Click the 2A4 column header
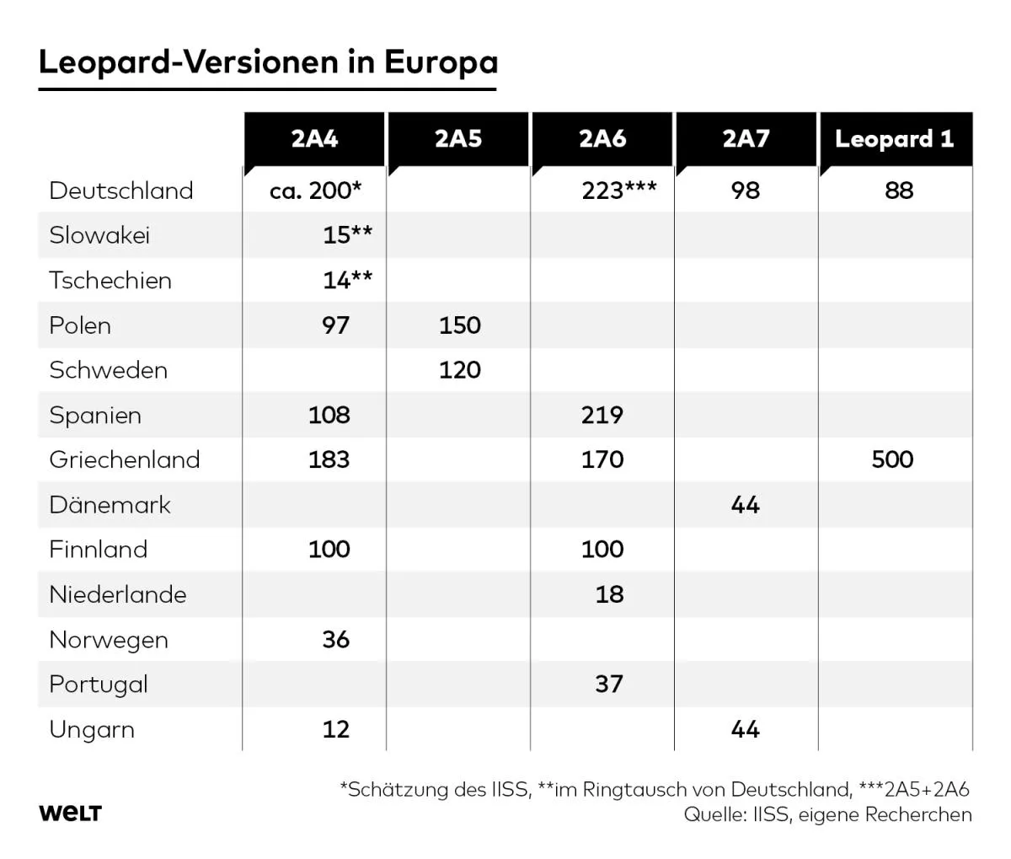point(314,139)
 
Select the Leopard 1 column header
point(894,139)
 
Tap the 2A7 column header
point(746,139)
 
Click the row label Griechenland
point(125,459)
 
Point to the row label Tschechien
point(110,280)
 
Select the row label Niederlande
point(118,594)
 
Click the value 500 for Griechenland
point(892,459)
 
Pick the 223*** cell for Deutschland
point(619,191)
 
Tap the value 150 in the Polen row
point(459,325)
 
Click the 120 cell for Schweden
point(459,370)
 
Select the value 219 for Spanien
point(602,415)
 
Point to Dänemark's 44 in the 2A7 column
point(746,505)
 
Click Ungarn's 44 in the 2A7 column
point(746,729)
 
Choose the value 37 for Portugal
point(609,684)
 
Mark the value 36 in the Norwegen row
point(335,639)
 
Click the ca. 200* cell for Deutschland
point(315,191)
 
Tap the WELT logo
point(70,813)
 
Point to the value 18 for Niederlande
point(609,594)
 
